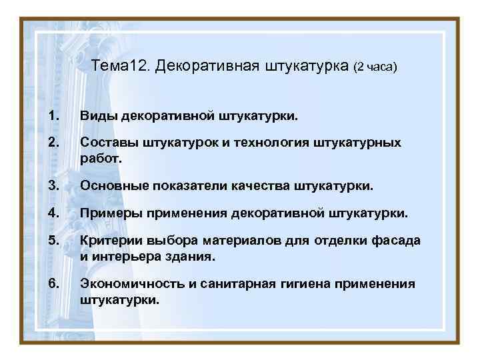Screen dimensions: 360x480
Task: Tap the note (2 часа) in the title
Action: click(375, 67)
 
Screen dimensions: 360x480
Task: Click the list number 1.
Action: click(53, 117)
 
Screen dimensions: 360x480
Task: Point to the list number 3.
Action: click(53, 187)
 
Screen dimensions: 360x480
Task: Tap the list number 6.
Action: click(53, 284)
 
